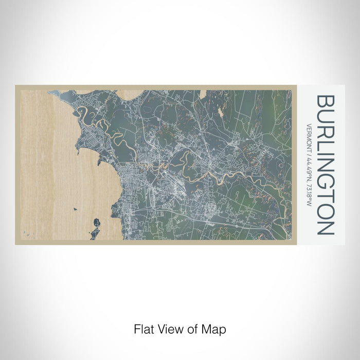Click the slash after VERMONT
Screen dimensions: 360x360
[x=309, y=149]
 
